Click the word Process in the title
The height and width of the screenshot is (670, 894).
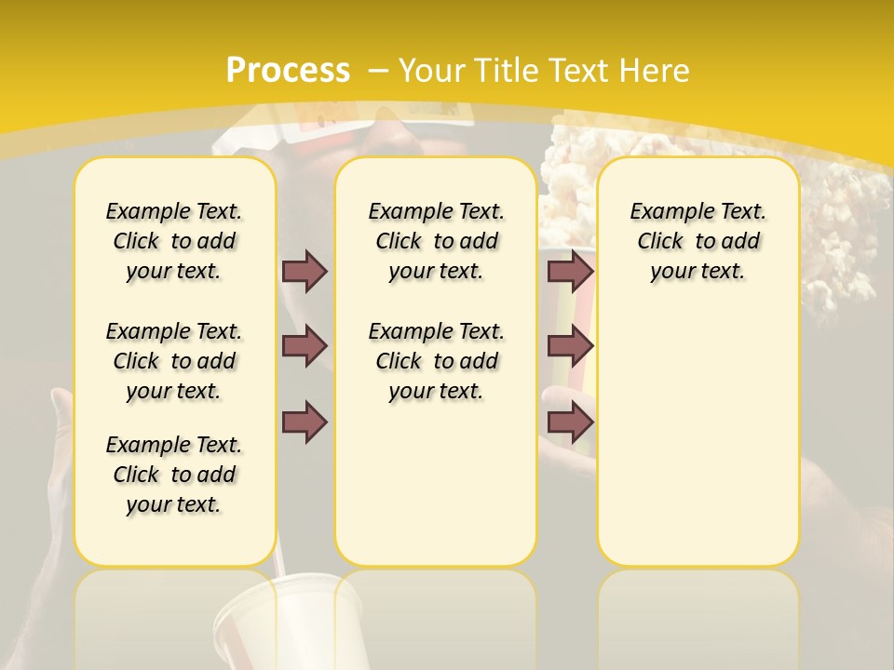pos(288,71)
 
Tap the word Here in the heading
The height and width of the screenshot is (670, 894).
pos(655,71)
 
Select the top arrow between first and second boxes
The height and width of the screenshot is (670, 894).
pos(305,271)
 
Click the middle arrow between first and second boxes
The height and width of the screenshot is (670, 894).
pos(305,346)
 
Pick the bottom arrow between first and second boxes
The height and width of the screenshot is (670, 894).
pos(305,422)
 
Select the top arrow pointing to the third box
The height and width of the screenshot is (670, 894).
pos(570,271)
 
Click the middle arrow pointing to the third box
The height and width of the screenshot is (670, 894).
pos(570,346)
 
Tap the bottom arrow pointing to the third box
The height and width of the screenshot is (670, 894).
pos(570,422)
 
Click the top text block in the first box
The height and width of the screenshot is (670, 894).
pos(174,241)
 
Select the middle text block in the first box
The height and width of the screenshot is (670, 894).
pos(174,361)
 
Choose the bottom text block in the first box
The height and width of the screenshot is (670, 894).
pos(174,475)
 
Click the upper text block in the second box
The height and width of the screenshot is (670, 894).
pos(436,241)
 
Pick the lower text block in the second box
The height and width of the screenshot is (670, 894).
pos(436,361)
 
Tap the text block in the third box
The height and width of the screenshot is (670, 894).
pos(698,241)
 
